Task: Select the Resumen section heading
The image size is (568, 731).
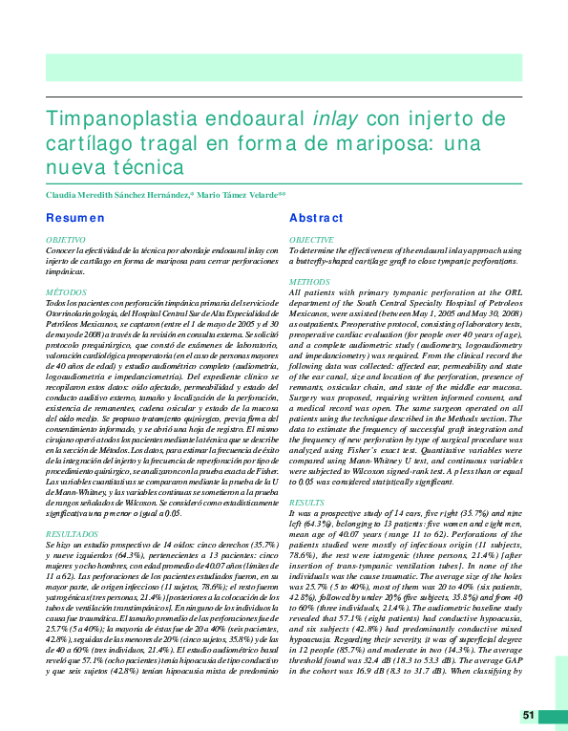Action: [x=76, y=219]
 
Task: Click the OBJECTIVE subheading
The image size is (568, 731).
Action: [x=311, y=240]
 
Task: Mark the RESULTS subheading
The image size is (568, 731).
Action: [x=307, y=502]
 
